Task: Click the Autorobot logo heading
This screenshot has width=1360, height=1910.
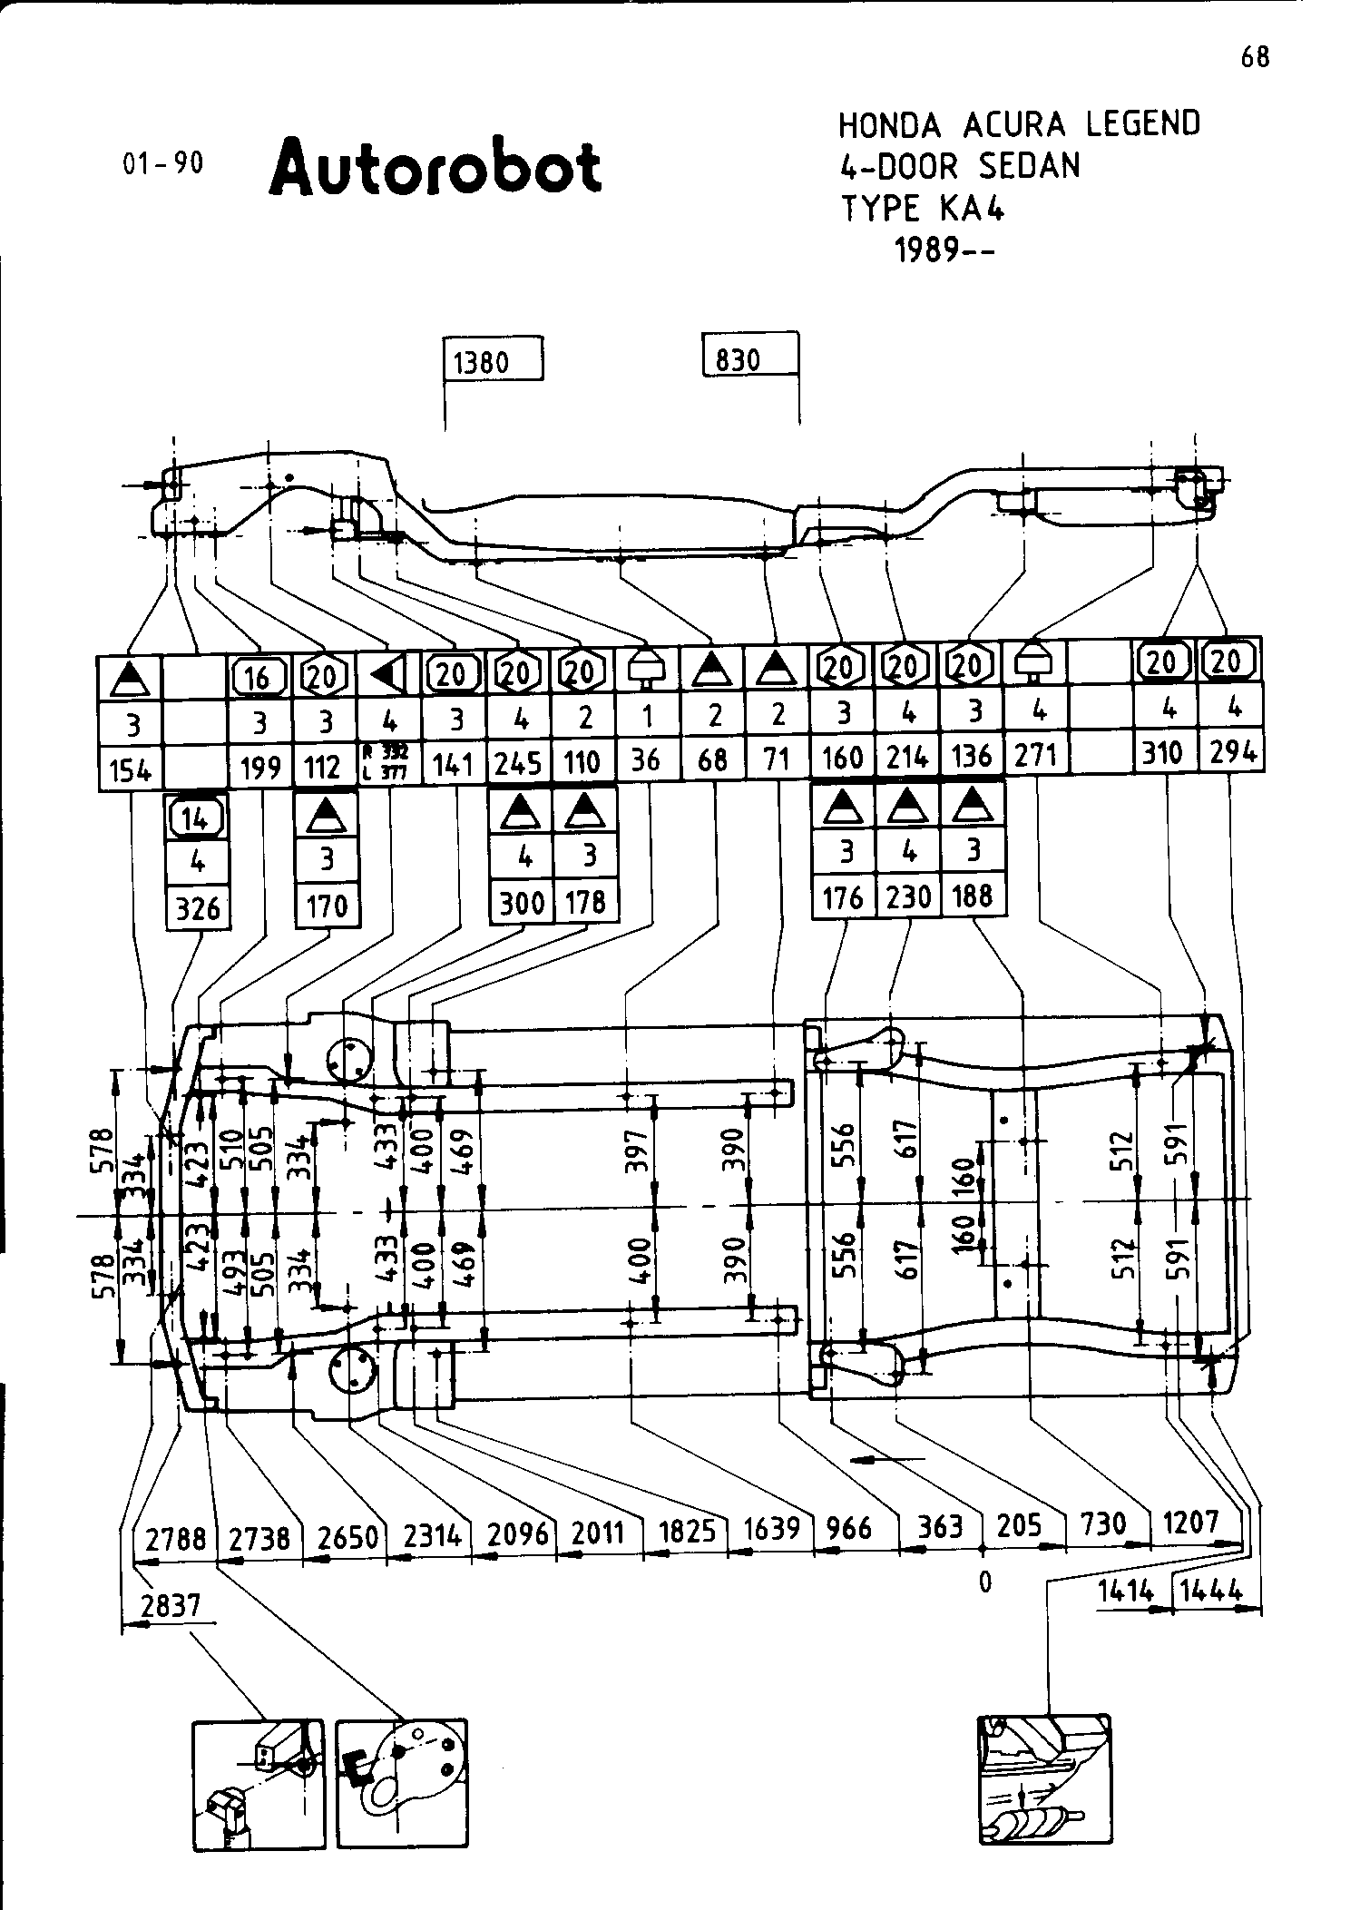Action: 435,168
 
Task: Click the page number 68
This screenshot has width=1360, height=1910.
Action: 1255,58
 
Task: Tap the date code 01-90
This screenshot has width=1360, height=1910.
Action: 162,163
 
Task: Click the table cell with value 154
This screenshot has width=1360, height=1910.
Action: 130,769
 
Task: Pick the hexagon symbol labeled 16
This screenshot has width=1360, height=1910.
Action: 259,676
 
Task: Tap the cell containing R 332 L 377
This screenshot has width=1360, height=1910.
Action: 390,763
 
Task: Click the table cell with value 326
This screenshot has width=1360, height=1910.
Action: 198,907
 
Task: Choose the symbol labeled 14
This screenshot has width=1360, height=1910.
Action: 197,819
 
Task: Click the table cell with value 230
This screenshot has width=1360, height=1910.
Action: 908,897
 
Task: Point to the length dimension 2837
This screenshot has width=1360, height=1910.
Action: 171,1605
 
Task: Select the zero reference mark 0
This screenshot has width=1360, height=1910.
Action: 985,1582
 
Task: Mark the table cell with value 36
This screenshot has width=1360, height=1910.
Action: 646,759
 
